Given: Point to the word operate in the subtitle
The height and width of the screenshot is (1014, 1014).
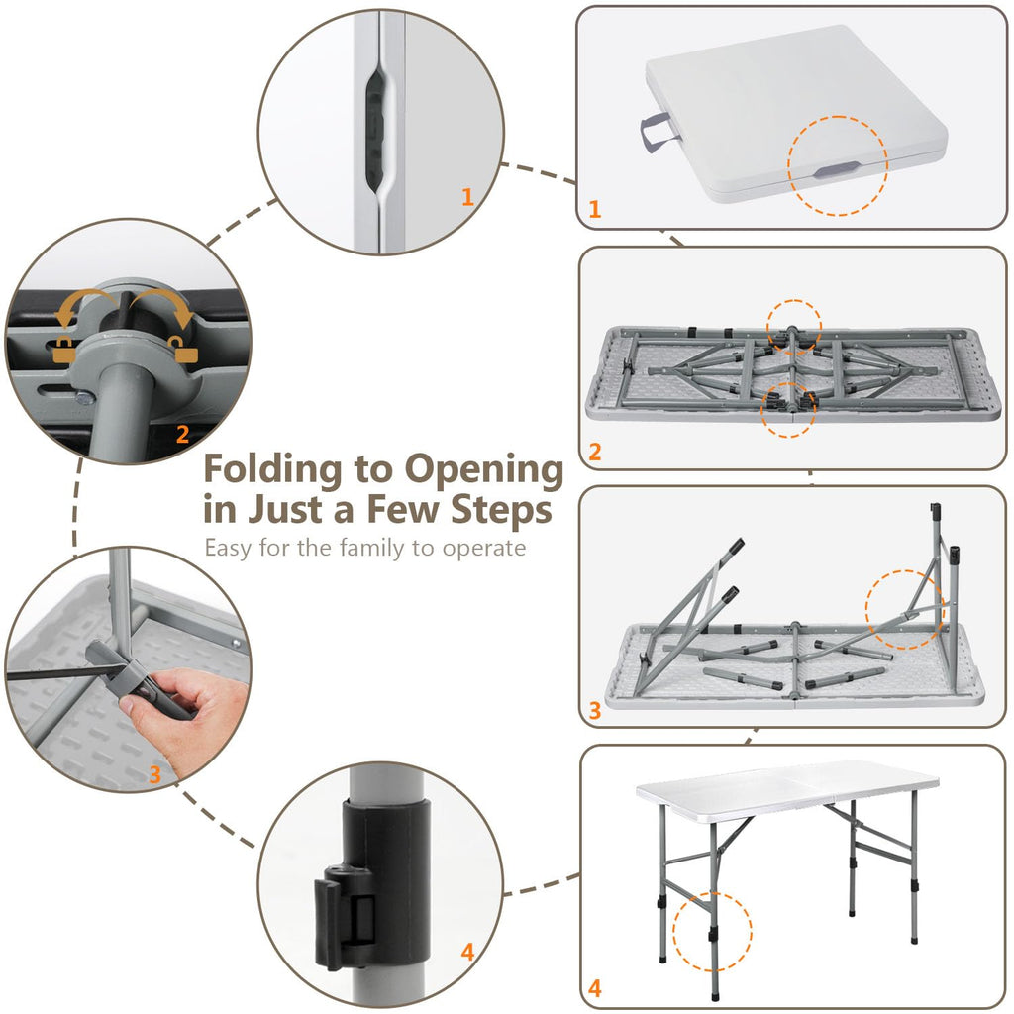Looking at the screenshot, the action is coord(483,550).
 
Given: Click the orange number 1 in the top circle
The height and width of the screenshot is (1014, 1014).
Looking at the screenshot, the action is coord(468,197).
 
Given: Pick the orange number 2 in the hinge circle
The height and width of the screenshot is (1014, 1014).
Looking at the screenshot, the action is coord(182,434).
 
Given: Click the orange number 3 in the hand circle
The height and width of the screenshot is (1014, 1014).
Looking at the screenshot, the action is coord(154,774).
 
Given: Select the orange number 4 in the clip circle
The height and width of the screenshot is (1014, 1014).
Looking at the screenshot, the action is coord(467,952).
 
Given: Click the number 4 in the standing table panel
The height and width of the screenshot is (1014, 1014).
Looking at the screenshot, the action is coord(595,988).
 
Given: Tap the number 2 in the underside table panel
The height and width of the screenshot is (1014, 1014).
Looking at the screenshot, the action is coord(595,452).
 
